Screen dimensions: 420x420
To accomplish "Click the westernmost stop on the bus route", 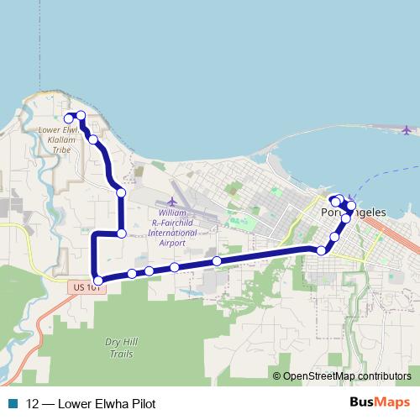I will [69, 119].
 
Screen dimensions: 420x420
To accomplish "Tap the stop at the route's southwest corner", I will [98, 281].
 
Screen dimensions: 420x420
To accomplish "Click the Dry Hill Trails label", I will [119, 348].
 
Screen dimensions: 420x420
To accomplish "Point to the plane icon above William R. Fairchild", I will [172, 202].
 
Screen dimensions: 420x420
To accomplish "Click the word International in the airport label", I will [172, 233].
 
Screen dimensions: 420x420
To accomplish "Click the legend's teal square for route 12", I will [12, 403].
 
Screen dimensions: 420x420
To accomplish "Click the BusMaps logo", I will [381, 402].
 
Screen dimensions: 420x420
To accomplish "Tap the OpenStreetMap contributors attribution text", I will [346, 376].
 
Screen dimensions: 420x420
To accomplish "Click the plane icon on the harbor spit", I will [407, 130].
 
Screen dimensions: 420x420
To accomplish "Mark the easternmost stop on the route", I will [351, 206].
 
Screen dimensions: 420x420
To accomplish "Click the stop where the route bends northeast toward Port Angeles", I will [321, 250].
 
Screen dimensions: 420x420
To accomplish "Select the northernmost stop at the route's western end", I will [81, 115].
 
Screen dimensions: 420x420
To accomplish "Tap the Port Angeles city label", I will [354, 213].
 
